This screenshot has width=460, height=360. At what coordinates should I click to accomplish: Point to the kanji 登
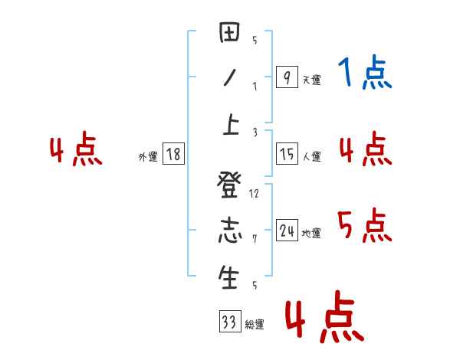click(229, 186)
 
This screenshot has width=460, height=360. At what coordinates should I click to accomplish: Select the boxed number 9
click(287, 77)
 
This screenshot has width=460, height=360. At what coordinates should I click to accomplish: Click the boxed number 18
click(173, 154)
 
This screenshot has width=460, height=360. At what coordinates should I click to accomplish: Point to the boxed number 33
click(229, 322)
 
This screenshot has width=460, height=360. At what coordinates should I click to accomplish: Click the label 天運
click(311, 80)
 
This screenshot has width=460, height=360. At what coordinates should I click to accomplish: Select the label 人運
click(311, 157)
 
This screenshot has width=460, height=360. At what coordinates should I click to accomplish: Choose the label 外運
click(148, 156)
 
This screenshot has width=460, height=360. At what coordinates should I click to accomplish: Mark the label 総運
click(255, 325)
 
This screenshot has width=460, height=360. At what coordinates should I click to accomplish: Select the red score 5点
click(365, 226)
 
